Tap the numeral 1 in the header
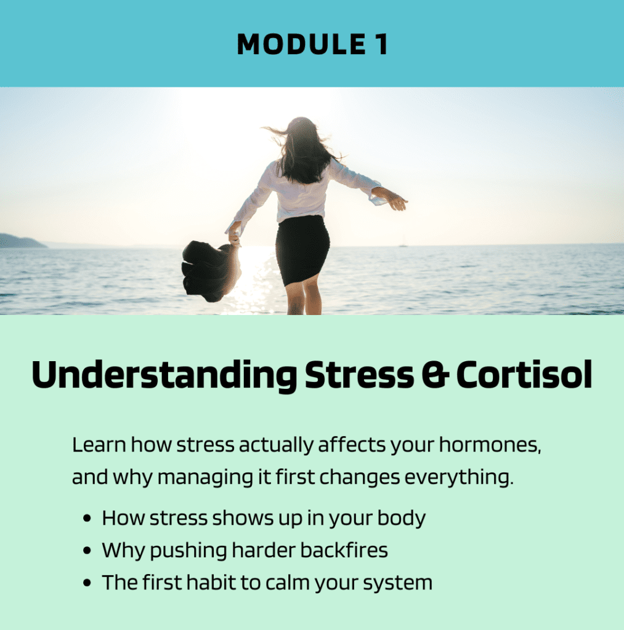click(x=381, y=44)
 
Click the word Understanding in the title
click(x=164, y=375)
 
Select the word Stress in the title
click(x=359, y=375)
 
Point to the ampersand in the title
click(x=435, y=375)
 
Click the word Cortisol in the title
click(x=524, y=375)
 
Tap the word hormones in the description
click(x=490, y=445)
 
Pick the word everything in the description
click(x=459, y=477)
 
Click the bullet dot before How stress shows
click(x=86, y=518)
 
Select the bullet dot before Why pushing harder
click(x=86, y=551)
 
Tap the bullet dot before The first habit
click(x=86, y=583)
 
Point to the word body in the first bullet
click(x=401, y=518)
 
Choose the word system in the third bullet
click(x=397, y=583)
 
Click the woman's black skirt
click(x=302, y=250)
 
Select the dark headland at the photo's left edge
click(x=21, y=241)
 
